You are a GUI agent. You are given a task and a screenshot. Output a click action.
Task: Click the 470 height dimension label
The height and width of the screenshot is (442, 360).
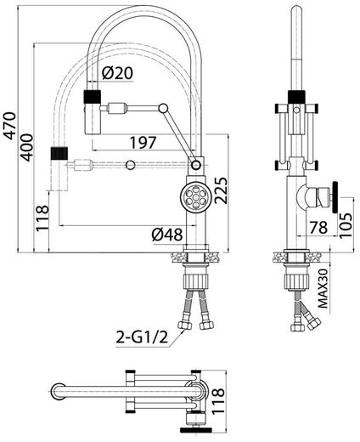10,126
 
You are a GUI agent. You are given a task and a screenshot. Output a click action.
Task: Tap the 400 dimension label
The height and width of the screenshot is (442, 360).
27,147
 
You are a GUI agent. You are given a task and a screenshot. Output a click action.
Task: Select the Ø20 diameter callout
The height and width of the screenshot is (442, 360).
117,73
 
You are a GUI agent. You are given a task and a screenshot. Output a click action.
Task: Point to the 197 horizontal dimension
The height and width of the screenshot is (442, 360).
143,143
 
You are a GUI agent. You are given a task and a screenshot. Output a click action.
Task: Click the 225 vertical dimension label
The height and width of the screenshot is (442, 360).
221,190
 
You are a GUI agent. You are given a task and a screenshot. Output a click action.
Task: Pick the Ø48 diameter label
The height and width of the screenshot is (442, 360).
167,235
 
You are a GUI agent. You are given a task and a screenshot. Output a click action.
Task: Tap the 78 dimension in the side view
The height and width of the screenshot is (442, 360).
318,227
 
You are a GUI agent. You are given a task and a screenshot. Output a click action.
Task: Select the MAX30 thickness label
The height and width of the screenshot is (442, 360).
323,288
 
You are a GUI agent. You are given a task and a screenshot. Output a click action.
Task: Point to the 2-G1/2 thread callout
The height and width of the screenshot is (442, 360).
142,337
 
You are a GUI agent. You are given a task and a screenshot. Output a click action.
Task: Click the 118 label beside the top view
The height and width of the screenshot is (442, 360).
218,401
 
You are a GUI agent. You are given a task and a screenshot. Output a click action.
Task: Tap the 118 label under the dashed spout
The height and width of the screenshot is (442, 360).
42,218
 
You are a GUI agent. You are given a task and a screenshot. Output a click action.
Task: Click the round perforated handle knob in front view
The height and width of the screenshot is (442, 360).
196,196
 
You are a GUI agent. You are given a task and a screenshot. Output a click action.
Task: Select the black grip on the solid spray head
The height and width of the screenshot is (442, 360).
93,96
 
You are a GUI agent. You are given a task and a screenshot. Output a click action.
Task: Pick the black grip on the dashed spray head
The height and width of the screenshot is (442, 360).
59,153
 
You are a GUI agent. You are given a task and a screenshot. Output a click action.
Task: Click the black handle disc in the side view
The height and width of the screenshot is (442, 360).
335,197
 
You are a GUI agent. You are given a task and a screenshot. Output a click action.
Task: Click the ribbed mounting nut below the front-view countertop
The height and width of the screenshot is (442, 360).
196,280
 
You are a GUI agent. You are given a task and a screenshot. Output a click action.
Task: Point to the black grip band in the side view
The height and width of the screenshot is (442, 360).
296,97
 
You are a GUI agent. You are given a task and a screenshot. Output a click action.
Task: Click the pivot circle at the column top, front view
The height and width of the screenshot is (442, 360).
196,165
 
